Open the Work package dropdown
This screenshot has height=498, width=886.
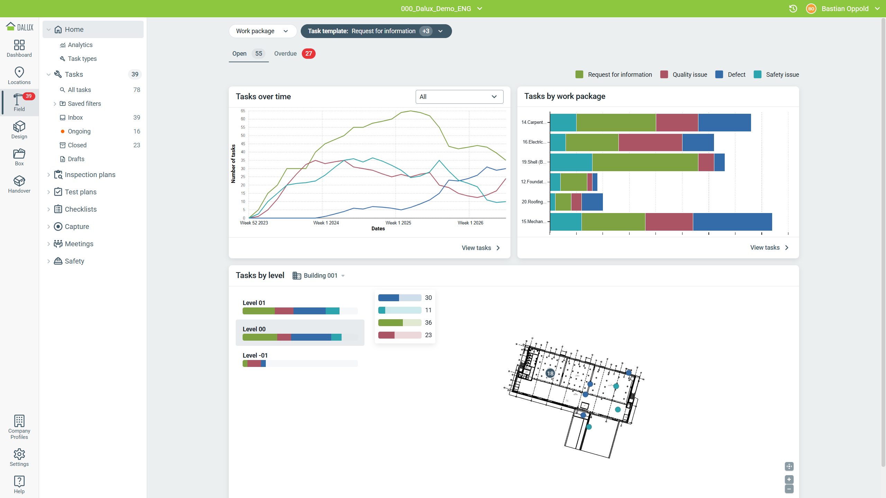(x=263, y=31)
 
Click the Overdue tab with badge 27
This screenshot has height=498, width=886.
(x=294, y=54)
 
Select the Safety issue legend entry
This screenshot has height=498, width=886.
(x=776, y=75)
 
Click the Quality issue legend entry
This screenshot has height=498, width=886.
(x=684, y=75)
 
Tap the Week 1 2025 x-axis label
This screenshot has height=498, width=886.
(x=398, y=223)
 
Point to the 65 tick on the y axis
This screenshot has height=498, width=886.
(x=243, y=111)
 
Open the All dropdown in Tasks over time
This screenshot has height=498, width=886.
(x=459, y=97)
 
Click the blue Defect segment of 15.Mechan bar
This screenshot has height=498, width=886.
(x=732, y=222)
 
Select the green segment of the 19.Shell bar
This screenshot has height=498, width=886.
(x=645, y=162)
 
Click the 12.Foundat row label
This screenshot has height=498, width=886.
(x=533, y=182)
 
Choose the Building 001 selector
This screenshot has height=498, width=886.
(x=319, y=276)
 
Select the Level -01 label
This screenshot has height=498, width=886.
(x=255, y=356)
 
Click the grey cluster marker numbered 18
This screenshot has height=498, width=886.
(x=550, y=373)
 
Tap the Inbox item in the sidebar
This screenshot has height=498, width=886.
(x=75, y=118)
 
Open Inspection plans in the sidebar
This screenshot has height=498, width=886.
(x=90, y=175)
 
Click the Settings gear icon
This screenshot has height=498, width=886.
(x=19, y=454)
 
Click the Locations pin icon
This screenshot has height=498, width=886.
(x=19, y=72)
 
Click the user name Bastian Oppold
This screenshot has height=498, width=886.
(x=845, y=9)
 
